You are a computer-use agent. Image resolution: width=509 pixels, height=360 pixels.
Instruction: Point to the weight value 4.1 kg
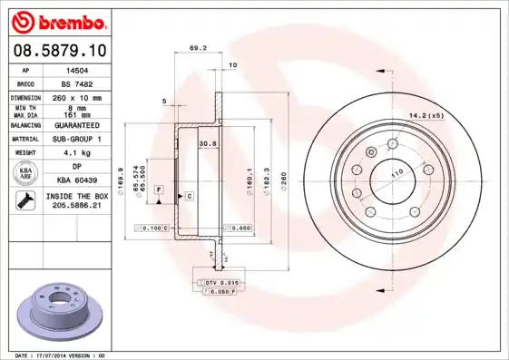coord(74,154)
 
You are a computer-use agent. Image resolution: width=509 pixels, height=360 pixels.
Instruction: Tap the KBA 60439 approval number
coord(77,181)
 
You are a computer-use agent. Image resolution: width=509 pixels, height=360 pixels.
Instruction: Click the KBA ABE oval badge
coord(24,175)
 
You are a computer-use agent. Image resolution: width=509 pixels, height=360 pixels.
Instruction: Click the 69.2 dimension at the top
coord(195,48)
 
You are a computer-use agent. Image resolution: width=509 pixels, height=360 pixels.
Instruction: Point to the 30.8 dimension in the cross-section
coord(207,143)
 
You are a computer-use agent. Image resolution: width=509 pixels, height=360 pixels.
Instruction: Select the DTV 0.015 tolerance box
coord(221,284)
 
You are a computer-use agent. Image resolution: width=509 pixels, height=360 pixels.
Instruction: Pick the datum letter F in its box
coord(159,188)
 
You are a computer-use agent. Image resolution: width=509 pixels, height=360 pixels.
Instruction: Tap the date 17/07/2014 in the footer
coord(60,355)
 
